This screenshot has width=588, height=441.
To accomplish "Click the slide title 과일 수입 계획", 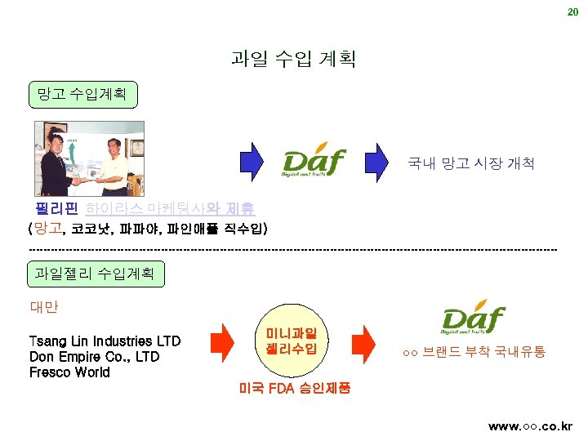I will [x=293, y=59].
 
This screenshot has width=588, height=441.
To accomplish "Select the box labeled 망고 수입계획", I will [x=82, y=94].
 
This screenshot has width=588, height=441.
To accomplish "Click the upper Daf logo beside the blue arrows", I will [x=314, y=162].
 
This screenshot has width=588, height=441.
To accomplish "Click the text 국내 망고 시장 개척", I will [x=471, y=164].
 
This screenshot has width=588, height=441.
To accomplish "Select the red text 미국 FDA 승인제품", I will [x=295, y=388].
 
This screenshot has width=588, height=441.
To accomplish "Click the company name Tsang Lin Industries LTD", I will [x=105, y=341].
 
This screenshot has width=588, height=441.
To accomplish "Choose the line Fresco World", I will [x=69, y=372].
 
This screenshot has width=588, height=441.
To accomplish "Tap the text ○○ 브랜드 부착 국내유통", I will [x=474, y=353].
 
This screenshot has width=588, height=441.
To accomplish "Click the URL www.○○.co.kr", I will [x=530, y=426].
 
